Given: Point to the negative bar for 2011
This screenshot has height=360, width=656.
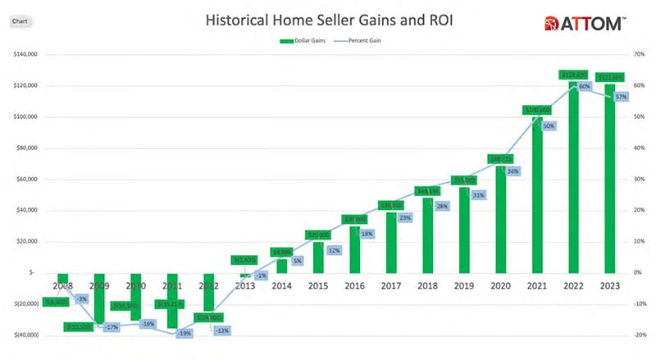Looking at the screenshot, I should point(173,299).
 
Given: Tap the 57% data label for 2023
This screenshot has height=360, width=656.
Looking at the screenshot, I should point(621,96).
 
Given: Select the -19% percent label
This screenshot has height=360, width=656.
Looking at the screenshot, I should point(185,334).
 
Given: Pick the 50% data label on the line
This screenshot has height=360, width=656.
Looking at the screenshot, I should point(549,126).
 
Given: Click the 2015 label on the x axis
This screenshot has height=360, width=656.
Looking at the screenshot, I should point(320,286).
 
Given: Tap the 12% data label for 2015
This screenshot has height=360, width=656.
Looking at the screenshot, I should point(333,250).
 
